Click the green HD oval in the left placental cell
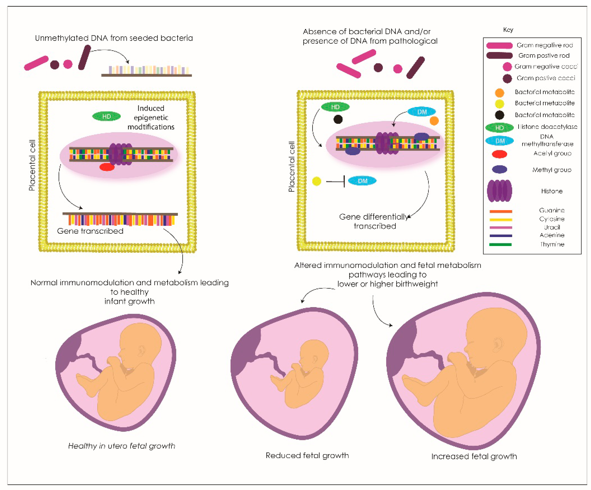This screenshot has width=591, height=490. click(x=106, y=116)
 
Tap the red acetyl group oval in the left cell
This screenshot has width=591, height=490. click(x=107, y=167)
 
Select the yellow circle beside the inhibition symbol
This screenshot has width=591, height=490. click(x=317, y=181)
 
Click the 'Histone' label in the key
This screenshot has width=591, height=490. click(x=552, y=191)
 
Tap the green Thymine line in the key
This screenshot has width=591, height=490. click(x=500, y=244)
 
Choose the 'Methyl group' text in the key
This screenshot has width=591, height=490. click(x=552, y=170)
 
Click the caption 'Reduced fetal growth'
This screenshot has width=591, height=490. click(x=307, y=455)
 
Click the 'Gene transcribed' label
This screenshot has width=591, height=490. click(x=90, y=231)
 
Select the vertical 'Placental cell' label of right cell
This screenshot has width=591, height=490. click(x=291, y=167)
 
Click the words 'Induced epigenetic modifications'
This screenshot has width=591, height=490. click(x=151, y=117)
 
